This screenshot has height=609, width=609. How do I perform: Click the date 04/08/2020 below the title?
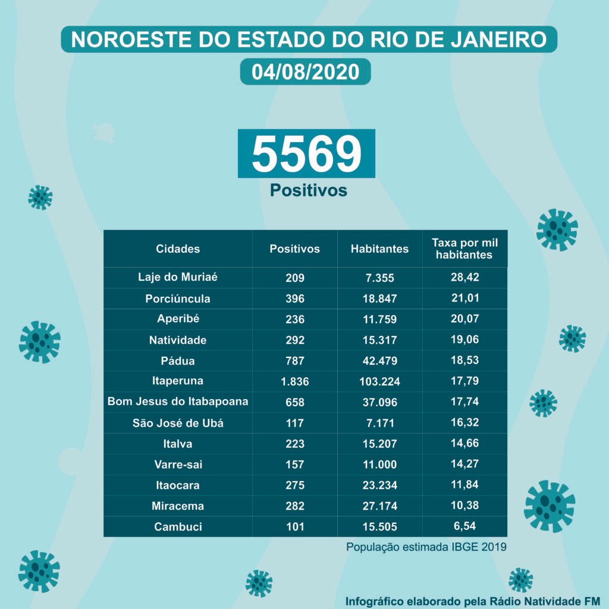click(x=305, y=72)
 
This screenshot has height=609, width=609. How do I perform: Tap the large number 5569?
click(x=306, y=153)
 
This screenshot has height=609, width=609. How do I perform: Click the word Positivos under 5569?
click(x=308, y=190)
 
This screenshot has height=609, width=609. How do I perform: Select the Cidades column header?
click(x=178, y=249)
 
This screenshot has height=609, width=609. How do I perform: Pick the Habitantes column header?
click(x=379, y=249)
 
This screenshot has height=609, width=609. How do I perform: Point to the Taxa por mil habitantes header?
click(x=464, y=249)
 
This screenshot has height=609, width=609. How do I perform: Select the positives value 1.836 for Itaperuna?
click(x=294, y=381)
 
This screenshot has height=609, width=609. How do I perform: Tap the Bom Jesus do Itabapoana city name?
click(x=178, y=401)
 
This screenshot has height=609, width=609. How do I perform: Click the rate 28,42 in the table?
click(x=464, y=277)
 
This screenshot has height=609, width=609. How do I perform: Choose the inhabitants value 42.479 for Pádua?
click(x=379, y=361)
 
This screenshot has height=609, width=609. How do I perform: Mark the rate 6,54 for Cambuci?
click(x=464, y=526)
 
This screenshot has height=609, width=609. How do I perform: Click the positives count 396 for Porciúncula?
click(x=294, y=299)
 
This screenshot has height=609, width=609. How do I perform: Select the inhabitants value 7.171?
click(x=379, y=423)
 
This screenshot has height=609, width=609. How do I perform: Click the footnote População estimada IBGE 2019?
click(x=426, y=547)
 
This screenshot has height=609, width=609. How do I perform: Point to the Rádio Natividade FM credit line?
click(x=473, y=599)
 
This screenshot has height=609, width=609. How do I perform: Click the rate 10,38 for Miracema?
click(x=464, y=506)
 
